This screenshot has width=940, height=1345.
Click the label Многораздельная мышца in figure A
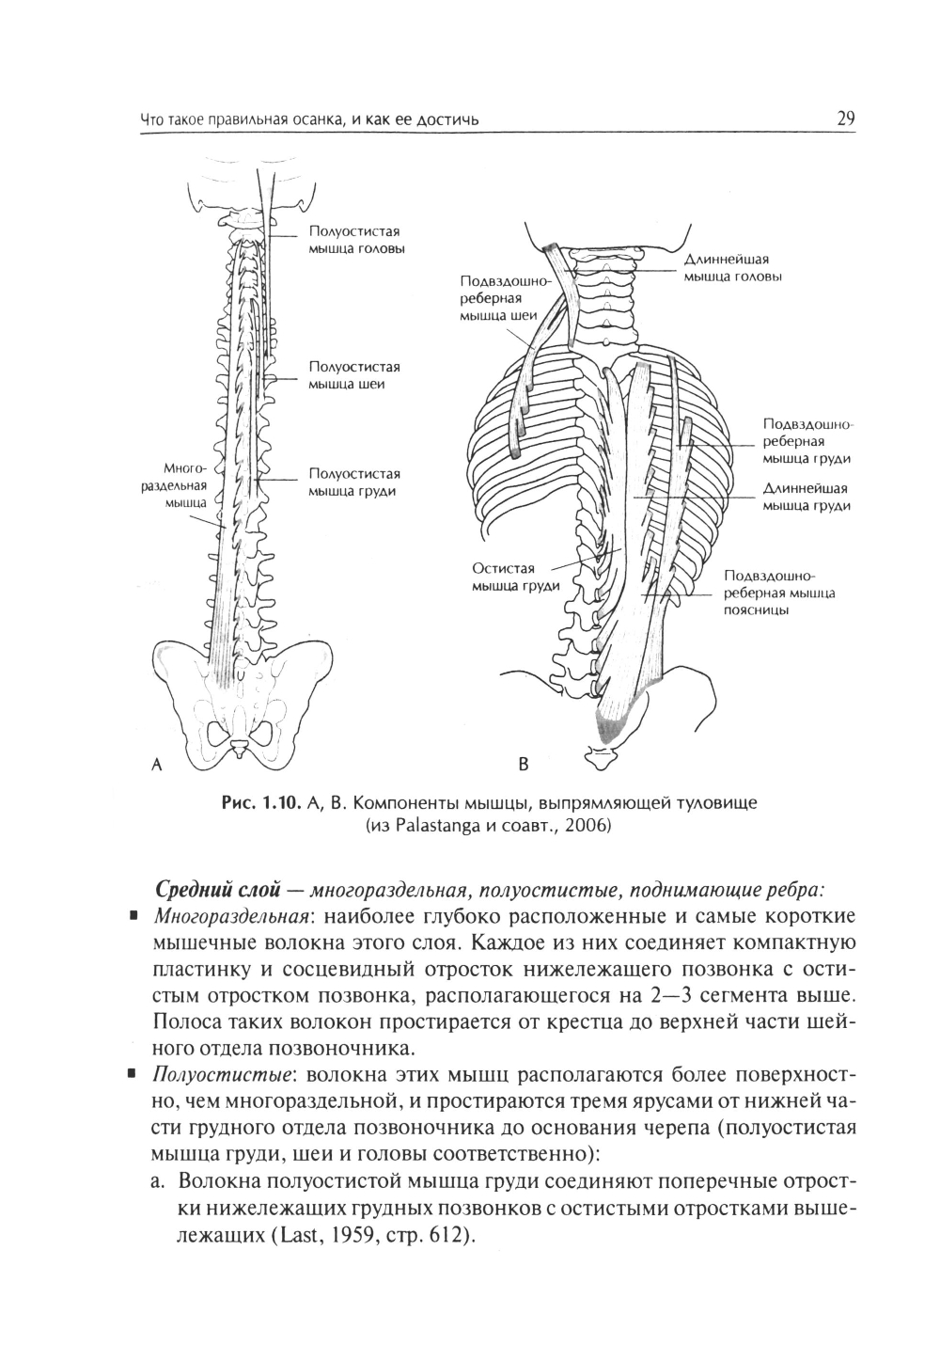183,484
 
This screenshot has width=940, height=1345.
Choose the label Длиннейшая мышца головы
732,268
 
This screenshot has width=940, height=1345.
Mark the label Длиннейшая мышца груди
807,498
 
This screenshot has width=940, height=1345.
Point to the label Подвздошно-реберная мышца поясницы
779,593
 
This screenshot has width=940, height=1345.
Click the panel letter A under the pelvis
158,765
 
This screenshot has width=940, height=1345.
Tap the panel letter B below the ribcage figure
525,765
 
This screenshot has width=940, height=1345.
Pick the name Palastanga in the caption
437,827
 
